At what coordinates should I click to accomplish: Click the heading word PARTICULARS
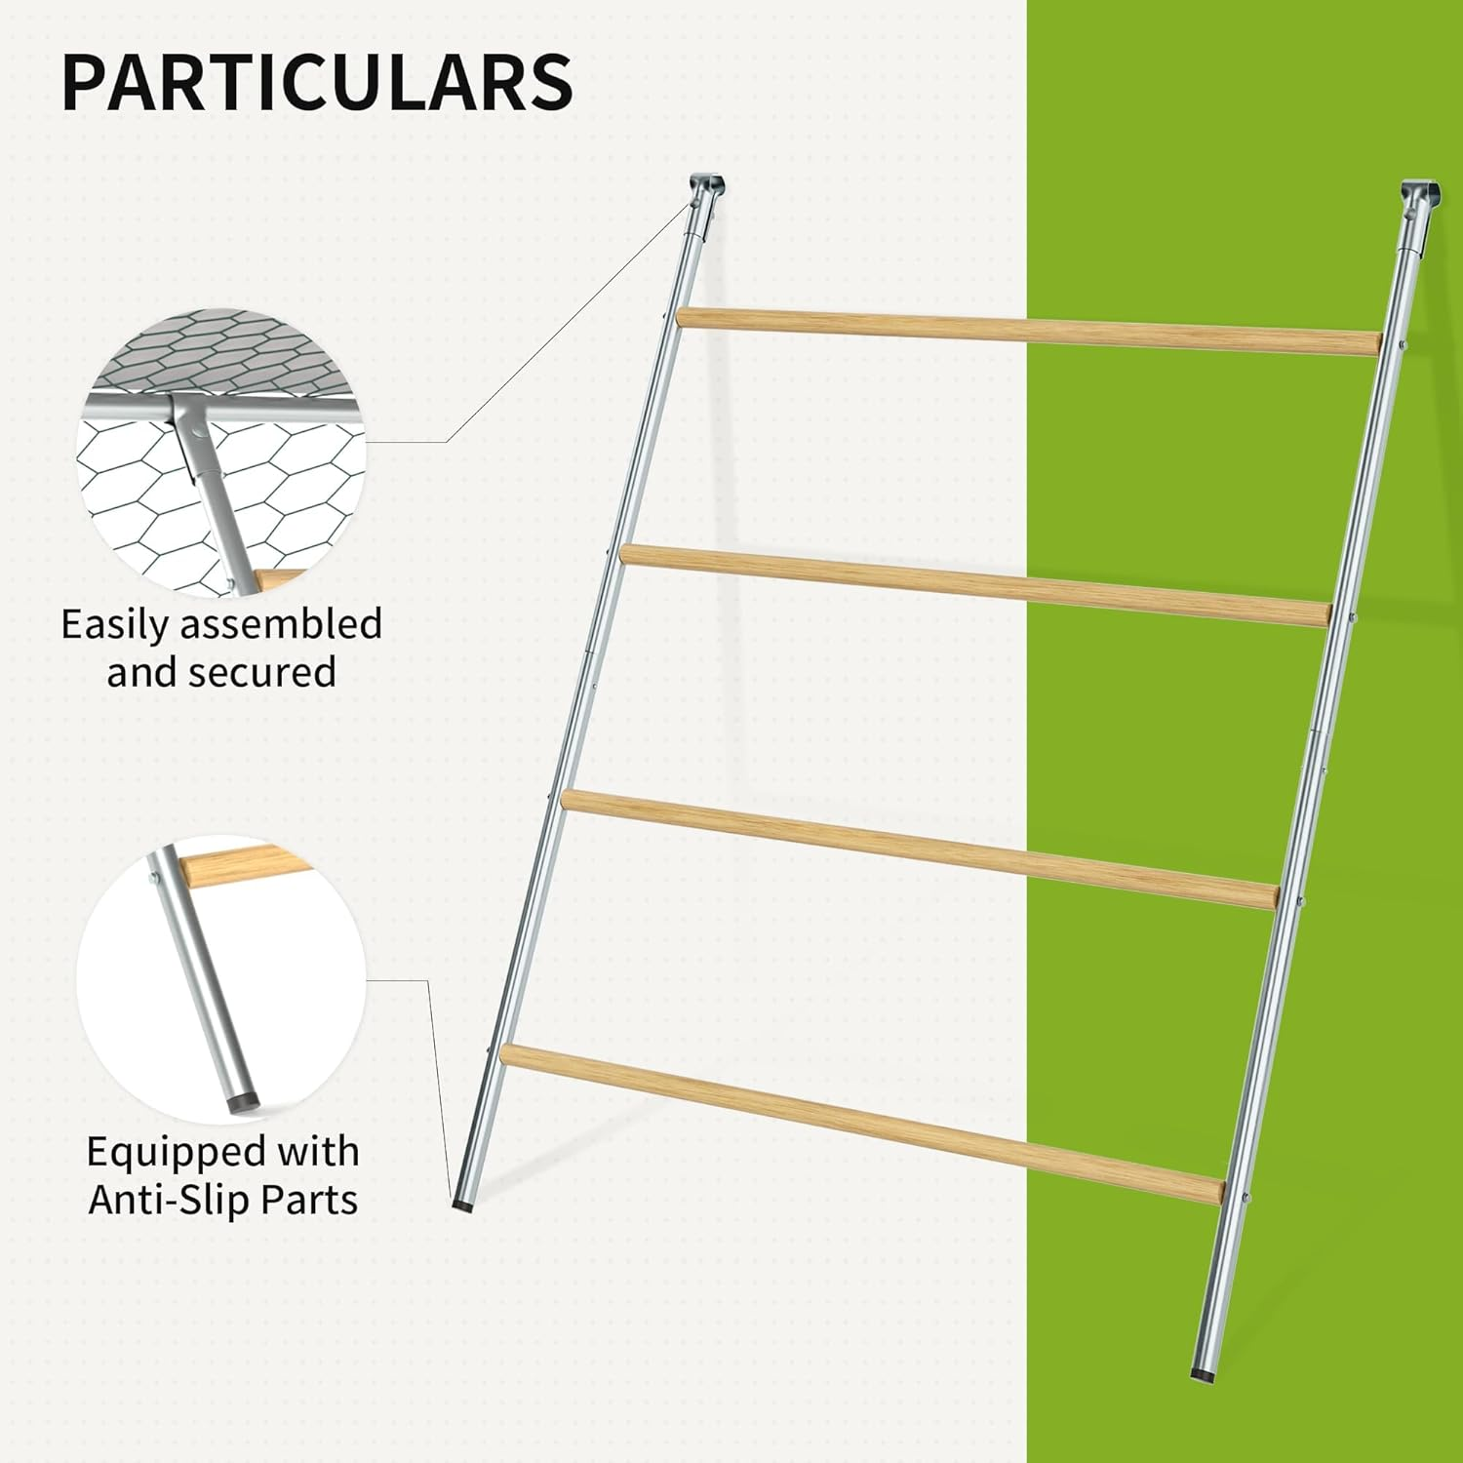(317, 83)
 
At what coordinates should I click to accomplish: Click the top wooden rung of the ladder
(1024, 330)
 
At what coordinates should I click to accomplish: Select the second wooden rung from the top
(975, 585)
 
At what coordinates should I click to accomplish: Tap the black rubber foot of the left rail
(464, 1204)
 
